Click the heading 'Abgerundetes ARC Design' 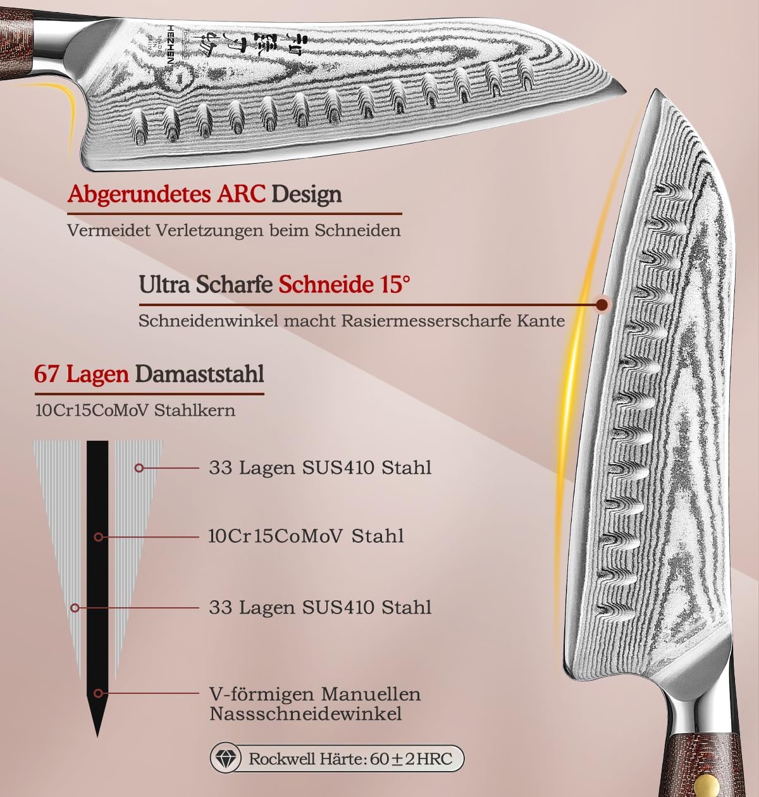[x=204, y=194]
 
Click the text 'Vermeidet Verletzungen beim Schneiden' [x=234, y=230]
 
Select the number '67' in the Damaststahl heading [x=47, y=374]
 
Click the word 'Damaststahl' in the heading [x=199, y=374]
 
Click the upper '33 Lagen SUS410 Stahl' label [x=320, y=468]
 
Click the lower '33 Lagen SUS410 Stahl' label [x=320, y=608]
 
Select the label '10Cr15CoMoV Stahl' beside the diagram [x=306, y=536]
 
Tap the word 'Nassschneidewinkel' [x=305, y=714]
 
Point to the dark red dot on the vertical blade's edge [x=602, y=305]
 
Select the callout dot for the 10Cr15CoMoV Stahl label [x=98, y=537]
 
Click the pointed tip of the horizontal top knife [x=625, y=96]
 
